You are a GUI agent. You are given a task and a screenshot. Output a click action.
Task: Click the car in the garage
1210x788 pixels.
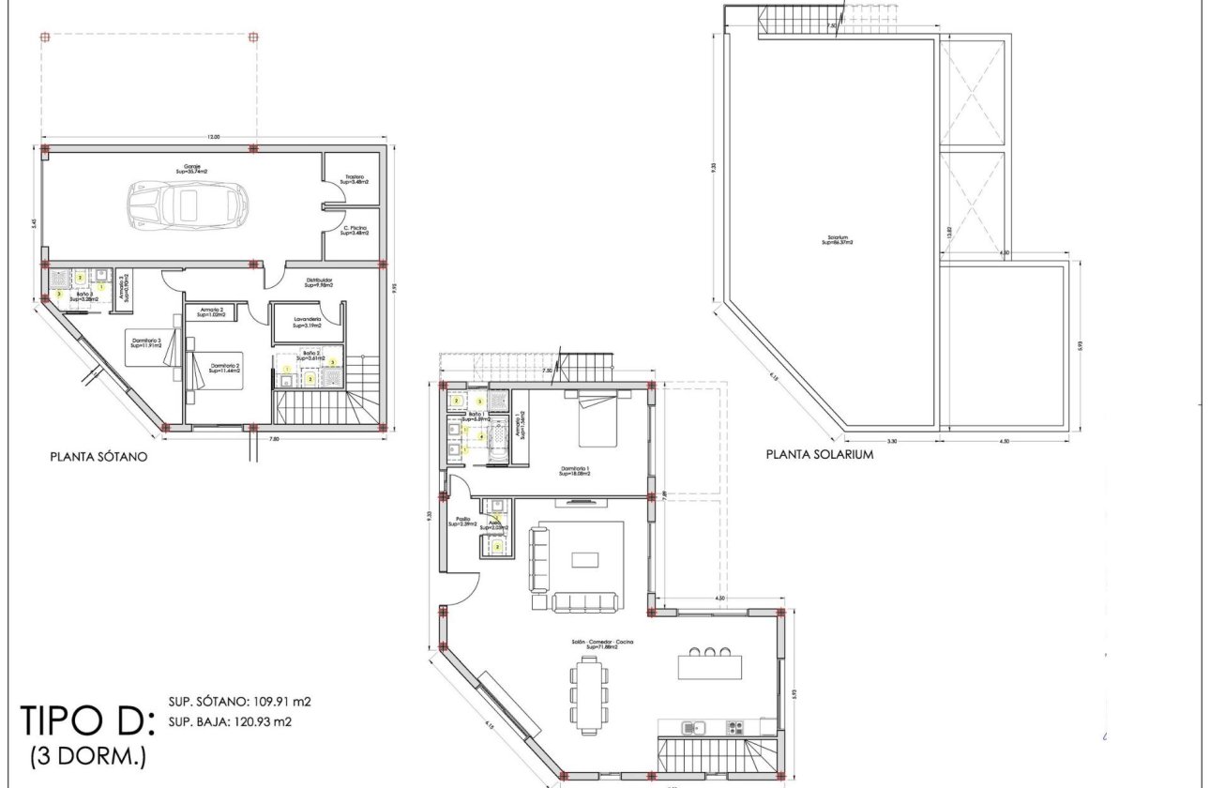pos(188,202)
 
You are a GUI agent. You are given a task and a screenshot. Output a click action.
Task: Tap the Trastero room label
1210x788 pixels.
pos(354,178)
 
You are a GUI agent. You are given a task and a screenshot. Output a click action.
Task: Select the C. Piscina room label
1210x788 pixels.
pos(354,230)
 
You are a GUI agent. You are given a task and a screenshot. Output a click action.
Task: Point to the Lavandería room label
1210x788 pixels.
pos(308,322)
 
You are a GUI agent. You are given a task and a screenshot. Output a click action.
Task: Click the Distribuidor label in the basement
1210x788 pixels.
pos(318,281)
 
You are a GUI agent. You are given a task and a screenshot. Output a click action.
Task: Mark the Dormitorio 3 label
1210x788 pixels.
pos(146,342)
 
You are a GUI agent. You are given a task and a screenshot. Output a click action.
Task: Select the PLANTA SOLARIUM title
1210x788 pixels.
pos(820,454)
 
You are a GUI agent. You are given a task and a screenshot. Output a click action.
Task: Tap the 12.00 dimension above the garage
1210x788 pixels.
pos(214,138)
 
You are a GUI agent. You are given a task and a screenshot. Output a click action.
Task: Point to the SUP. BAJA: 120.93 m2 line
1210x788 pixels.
pos(239,722)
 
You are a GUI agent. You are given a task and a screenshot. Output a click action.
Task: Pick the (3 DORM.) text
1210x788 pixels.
pos(88,754)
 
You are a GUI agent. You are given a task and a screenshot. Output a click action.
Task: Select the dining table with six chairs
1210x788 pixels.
pos(590,693)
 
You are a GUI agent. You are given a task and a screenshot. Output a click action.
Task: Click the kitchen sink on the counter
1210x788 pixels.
pos(693,726)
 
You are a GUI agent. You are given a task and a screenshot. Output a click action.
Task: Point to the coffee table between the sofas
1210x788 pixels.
pos(585,560)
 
